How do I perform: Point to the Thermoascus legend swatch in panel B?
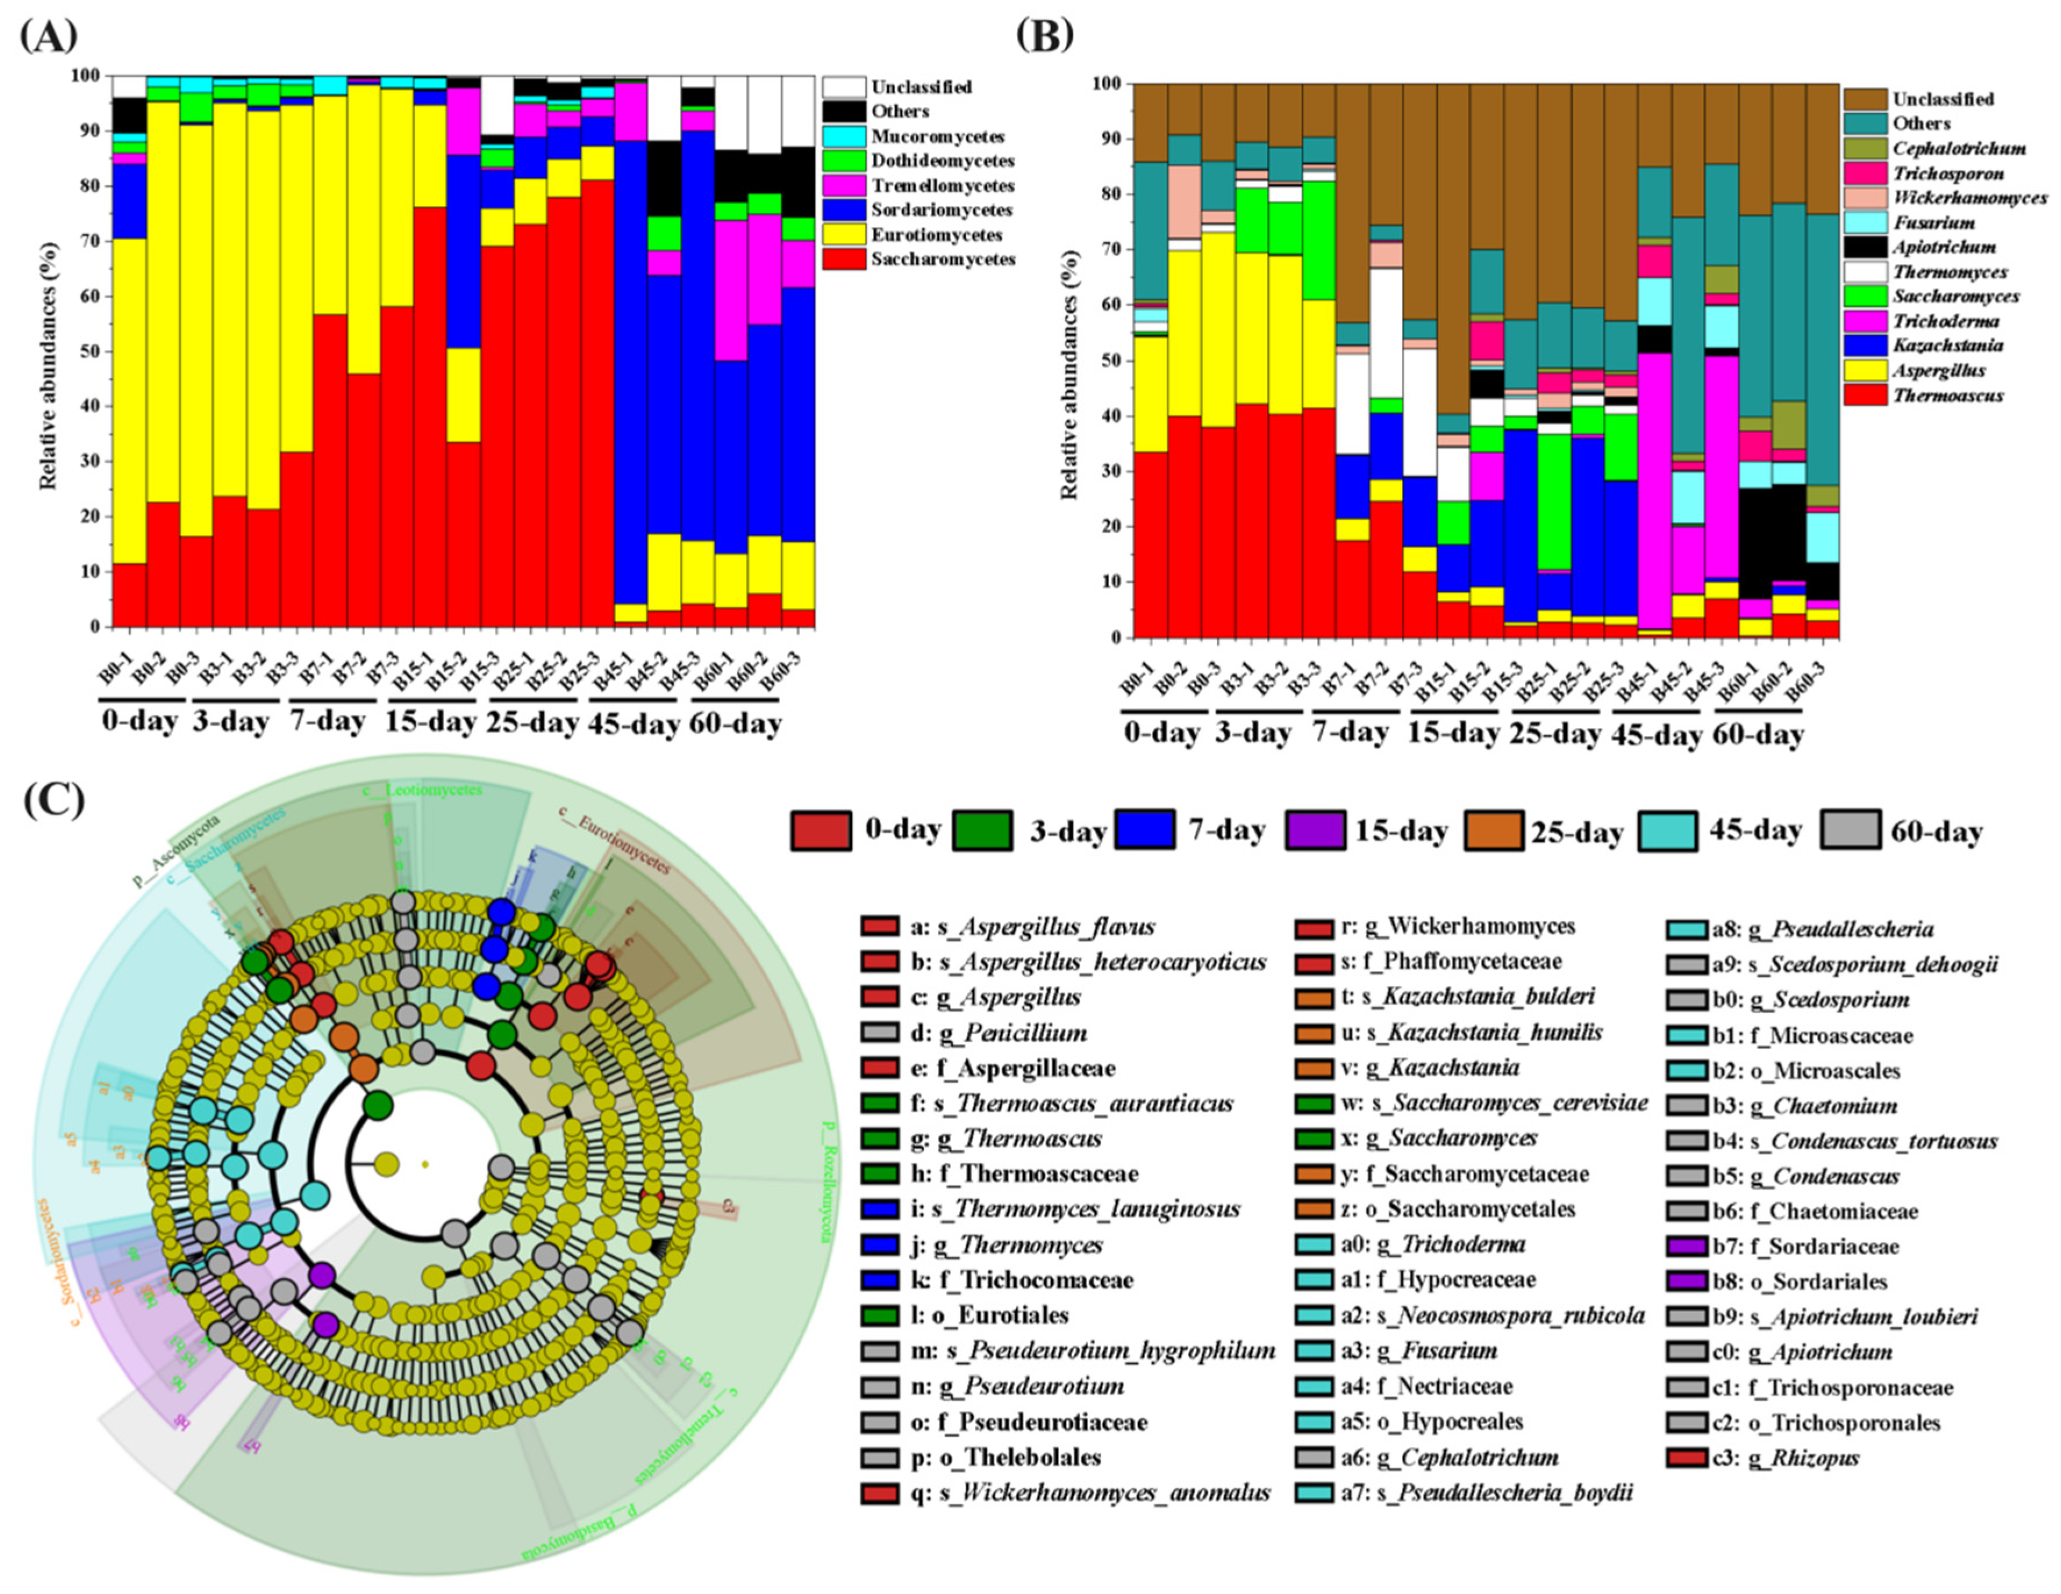(1865, 395)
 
